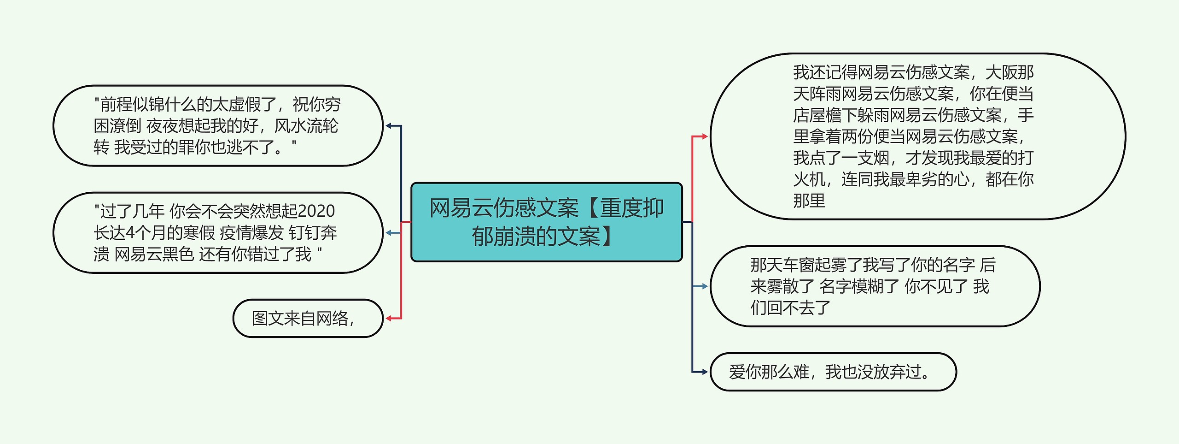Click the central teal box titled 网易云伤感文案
[x=546, y=222]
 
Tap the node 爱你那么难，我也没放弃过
[x=833, y=372]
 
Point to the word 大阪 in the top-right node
[x=1001, y=72]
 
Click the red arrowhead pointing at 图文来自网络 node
[x=389, y=318]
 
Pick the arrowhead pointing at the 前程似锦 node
[x=389, y=125]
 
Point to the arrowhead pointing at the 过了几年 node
[x=389, y=233]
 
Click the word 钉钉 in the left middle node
[x=304, y=233]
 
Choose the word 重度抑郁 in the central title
[x=632, y=208]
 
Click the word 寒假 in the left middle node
[x=199, y=233]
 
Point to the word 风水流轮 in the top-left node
[x=306, y=126]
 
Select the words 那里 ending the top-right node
[x=809, y=201]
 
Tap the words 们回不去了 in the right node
[x=790, y=308]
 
